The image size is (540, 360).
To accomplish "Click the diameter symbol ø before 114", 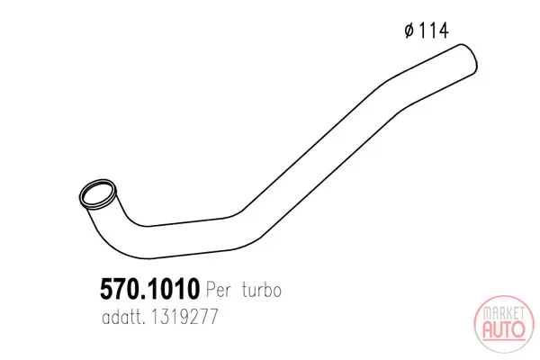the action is pyautogui.click(x=409, y=31).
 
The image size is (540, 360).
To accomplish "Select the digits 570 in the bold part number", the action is pyautogui.click(x=119, y=289).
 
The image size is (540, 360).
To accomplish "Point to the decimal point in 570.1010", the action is pyautogui.click(x=141, y=297).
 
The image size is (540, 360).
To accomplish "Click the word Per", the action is pyautogui.click(x=219, y=289).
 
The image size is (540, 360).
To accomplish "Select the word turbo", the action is pyautogui.click(x=262, y=289).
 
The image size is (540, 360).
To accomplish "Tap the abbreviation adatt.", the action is pyautogui.click(x=122, y=316).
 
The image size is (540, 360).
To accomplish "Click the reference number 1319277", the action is pyautogui.click(x=184, y=316).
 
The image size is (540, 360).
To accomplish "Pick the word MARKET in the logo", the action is pyautogui.click(x=503, y=313).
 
